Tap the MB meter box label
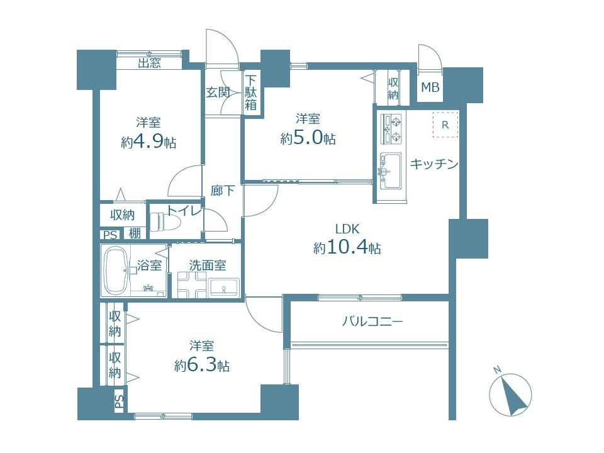click(x=430, y=87)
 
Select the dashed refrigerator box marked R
click(x=445, y=125)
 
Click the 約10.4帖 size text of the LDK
click(x=347, y=248)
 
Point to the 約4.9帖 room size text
click(x=148, y=143)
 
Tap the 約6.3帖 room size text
click(x=201, y=366)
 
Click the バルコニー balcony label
click(x=372, y=322)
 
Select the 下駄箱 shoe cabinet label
click(x=251, y=92)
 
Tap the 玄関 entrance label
click(x=217, y=92)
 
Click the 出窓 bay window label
click(x=149, y=62)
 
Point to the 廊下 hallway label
click(x=222, y=190)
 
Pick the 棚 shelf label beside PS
click(x=135, y=234)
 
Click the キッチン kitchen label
click(x=433, y=164)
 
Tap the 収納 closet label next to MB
click(x=393, y=88)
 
